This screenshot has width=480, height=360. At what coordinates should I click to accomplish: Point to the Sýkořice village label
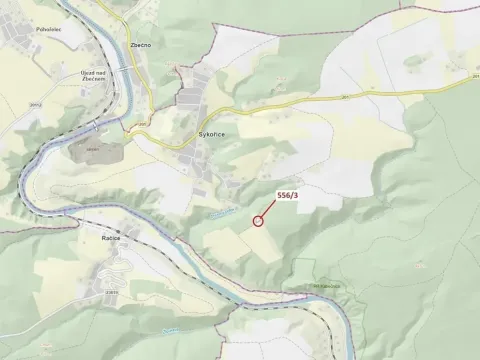[x=205, y=131]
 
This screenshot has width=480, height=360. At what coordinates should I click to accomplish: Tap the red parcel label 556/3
[x=286, y=194]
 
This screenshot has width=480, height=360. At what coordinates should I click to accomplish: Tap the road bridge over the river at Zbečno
[x=126, y=72]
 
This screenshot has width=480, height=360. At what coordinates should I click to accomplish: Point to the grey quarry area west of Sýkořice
[x=95, y=150]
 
